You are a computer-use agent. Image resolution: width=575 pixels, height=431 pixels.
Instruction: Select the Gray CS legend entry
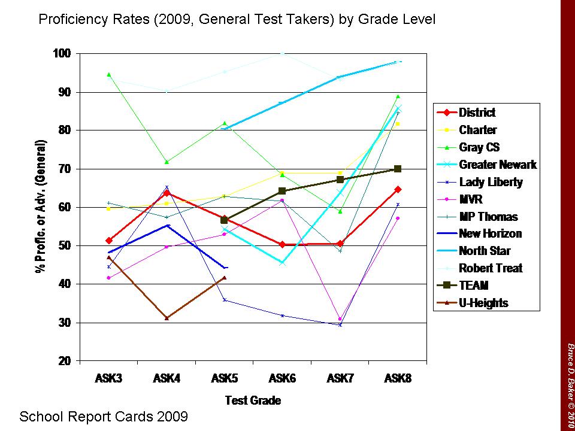coord(479,147)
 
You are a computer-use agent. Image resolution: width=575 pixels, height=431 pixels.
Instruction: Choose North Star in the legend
coord(485,251)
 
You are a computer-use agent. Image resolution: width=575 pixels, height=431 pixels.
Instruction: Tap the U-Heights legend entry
coord(483,303)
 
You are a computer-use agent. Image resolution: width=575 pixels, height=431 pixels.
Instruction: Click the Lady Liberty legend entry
coord(491,182)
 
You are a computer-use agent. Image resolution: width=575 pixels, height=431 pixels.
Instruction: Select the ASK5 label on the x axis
coord(224,379)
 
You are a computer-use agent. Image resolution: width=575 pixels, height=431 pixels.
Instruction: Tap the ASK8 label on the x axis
coord(398,379)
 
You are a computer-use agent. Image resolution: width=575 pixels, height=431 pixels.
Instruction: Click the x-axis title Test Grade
coord(253,400)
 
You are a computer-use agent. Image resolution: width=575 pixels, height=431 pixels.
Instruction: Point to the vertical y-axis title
coord(41,207)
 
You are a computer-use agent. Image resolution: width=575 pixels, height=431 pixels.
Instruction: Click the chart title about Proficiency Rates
coord(237,20)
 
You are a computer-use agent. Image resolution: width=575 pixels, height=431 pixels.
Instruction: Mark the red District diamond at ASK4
coord(167,193)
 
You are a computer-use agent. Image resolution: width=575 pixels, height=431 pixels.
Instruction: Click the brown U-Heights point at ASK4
coord(167,318)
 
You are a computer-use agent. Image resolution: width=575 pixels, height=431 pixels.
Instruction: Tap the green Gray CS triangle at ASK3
coord(108,75)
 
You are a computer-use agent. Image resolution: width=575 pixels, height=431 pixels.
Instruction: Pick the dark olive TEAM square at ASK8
coord(398,169)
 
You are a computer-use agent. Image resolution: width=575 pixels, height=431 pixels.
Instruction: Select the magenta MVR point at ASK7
coord(340,319)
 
